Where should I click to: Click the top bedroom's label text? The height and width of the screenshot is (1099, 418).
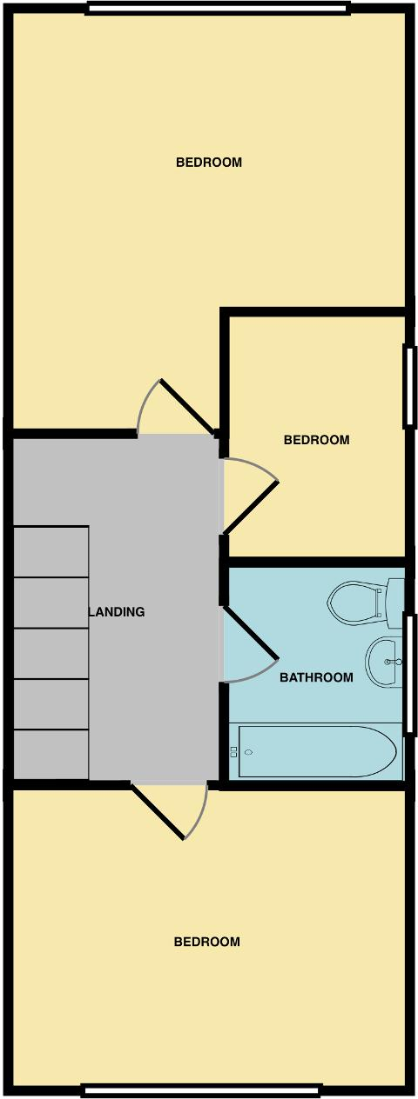click(209, 163)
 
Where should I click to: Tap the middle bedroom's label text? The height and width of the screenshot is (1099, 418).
click(316, 440)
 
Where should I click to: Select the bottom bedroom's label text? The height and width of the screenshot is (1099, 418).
click(207, 942)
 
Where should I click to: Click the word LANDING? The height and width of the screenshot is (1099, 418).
click(118, 612)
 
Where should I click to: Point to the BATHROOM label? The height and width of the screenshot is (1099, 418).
click(316, 677)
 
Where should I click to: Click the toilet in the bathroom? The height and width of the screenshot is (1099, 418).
click(355, 603)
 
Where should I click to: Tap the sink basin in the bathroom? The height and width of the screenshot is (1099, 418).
click(384, 662)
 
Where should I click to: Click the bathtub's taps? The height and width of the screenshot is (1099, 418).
click(234, 751)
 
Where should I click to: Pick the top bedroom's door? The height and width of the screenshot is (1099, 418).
click(187, 406)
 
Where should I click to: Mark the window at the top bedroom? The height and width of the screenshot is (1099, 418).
click(218, 9)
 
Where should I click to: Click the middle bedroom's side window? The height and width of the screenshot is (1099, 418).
click(409, 387)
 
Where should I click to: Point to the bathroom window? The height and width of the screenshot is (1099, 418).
click(409, 674)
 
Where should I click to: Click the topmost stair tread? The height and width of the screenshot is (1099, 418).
click(51, 551)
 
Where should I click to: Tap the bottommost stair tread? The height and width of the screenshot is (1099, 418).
click(51, 755)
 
